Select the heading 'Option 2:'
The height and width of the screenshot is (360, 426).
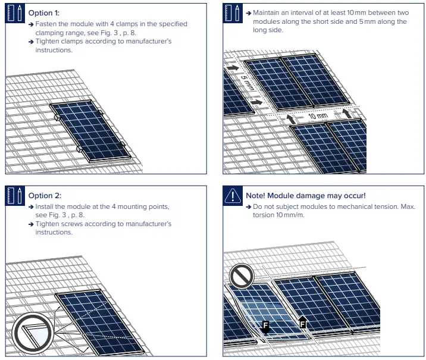click(x=45, y=195)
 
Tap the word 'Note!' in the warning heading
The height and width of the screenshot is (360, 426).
click(x=257, y=195)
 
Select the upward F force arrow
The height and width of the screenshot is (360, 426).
click(x=302, y=322)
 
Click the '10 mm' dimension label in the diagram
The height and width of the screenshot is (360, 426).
click(x=318, y=116)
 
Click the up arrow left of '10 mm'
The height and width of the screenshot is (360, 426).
click(x=291, y=119)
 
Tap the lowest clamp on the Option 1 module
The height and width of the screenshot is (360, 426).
click(x=79, y=149)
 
